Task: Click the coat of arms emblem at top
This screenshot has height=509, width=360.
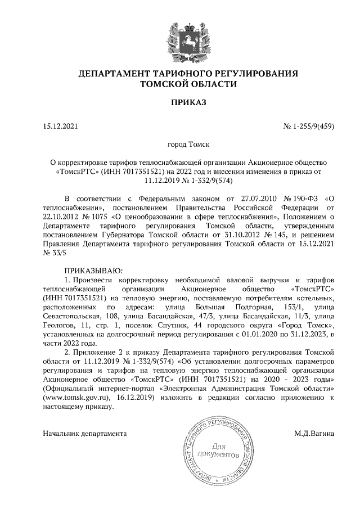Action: pos(180,39)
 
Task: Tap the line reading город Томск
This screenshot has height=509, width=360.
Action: pos(180,145)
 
